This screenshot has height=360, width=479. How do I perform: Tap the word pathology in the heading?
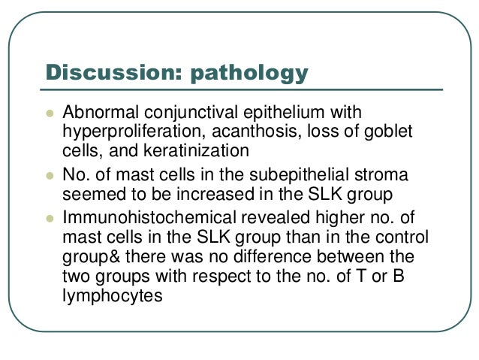[249, 74]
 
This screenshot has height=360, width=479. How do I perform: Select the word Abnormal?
[95, 113]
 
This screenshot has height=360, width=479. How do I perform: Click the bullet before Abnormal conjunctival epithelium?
[50, 113]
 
